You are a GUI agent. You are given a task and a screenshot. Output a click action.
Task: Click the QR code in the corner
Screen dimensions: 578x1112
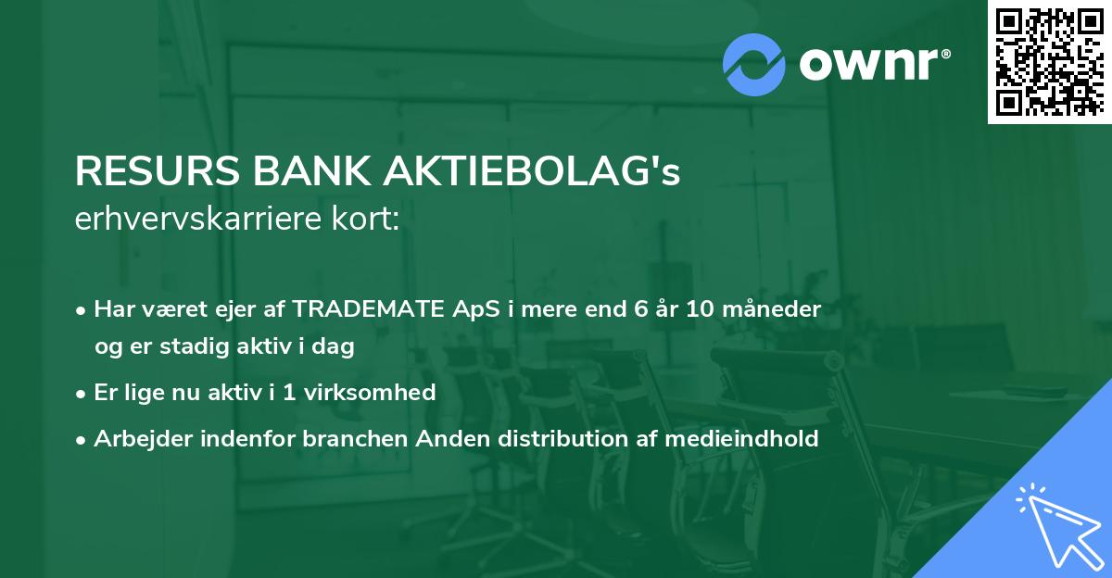1049,61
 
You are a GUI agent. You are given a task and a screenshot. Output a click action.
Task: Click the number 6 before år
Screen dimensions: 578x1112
640,309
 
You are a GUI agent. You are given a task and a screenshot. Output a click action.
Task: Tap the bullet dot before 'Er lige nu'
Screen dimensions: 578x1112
82,394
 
